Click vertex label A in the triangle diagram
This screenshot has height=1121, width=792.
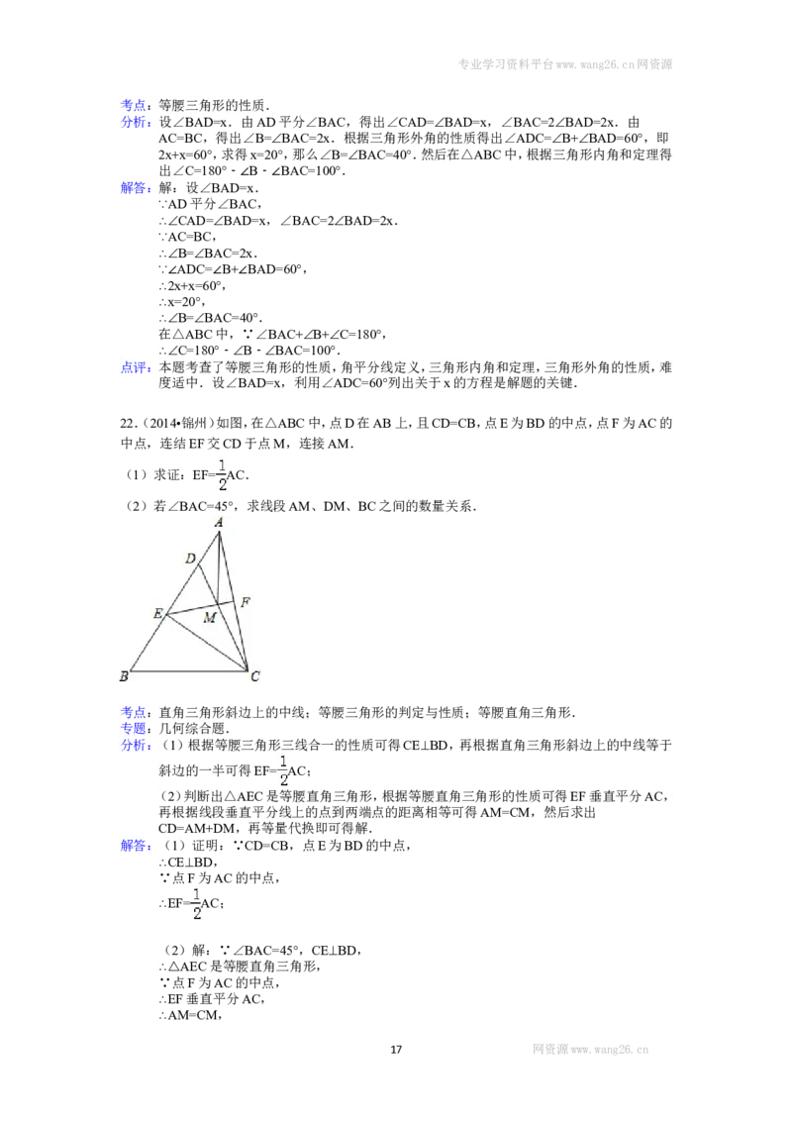(x=219, y=523)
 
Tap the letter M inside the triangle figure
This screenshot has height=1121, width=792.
(x=210, y=617)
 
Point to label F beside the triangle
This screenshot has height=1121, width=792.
(x=246, y=602)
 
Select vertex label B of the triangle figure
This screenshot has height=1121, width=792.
(x=124, y=675)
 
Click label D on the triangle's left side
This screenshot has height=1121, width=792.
(x=190, y=559)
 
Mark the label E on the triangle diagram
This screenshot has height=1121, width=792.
(x=158, y=613)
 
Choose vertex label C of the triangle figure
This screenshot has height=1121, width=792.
(x=255, y=675)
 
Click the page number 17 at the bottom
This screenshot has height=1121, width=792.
(x=396, y=1050)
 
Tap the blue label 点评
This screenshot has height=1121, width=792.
(x=135, y=367)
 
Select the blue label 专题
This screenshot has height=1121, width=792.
(x=135, y=729)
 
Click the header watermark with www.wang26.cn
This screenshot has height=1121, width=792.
(x=564, y=64)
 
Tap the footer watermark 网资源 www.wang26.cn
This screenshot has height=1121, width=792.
(x=590, y=1050)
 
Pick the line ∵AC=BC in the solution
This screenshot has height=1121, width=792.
(x=187, y=237)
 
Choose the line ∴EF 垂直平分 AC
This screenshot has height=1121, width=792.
(x=212, y=999)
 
